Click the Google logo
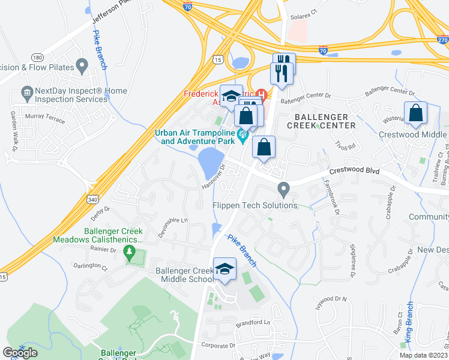coord(20,353)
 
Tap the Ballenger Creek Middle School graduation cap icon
coord(225,269)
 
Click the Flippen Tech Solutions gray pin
coord(284,190)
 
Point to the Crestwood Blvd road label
coord(354,172)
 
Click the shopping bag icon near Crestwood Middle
coord(415,114)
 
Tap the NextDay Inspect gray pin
coord(26,92)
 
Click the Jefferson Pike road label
coord(110,19)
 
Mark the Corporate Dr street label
coord(218,346)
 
